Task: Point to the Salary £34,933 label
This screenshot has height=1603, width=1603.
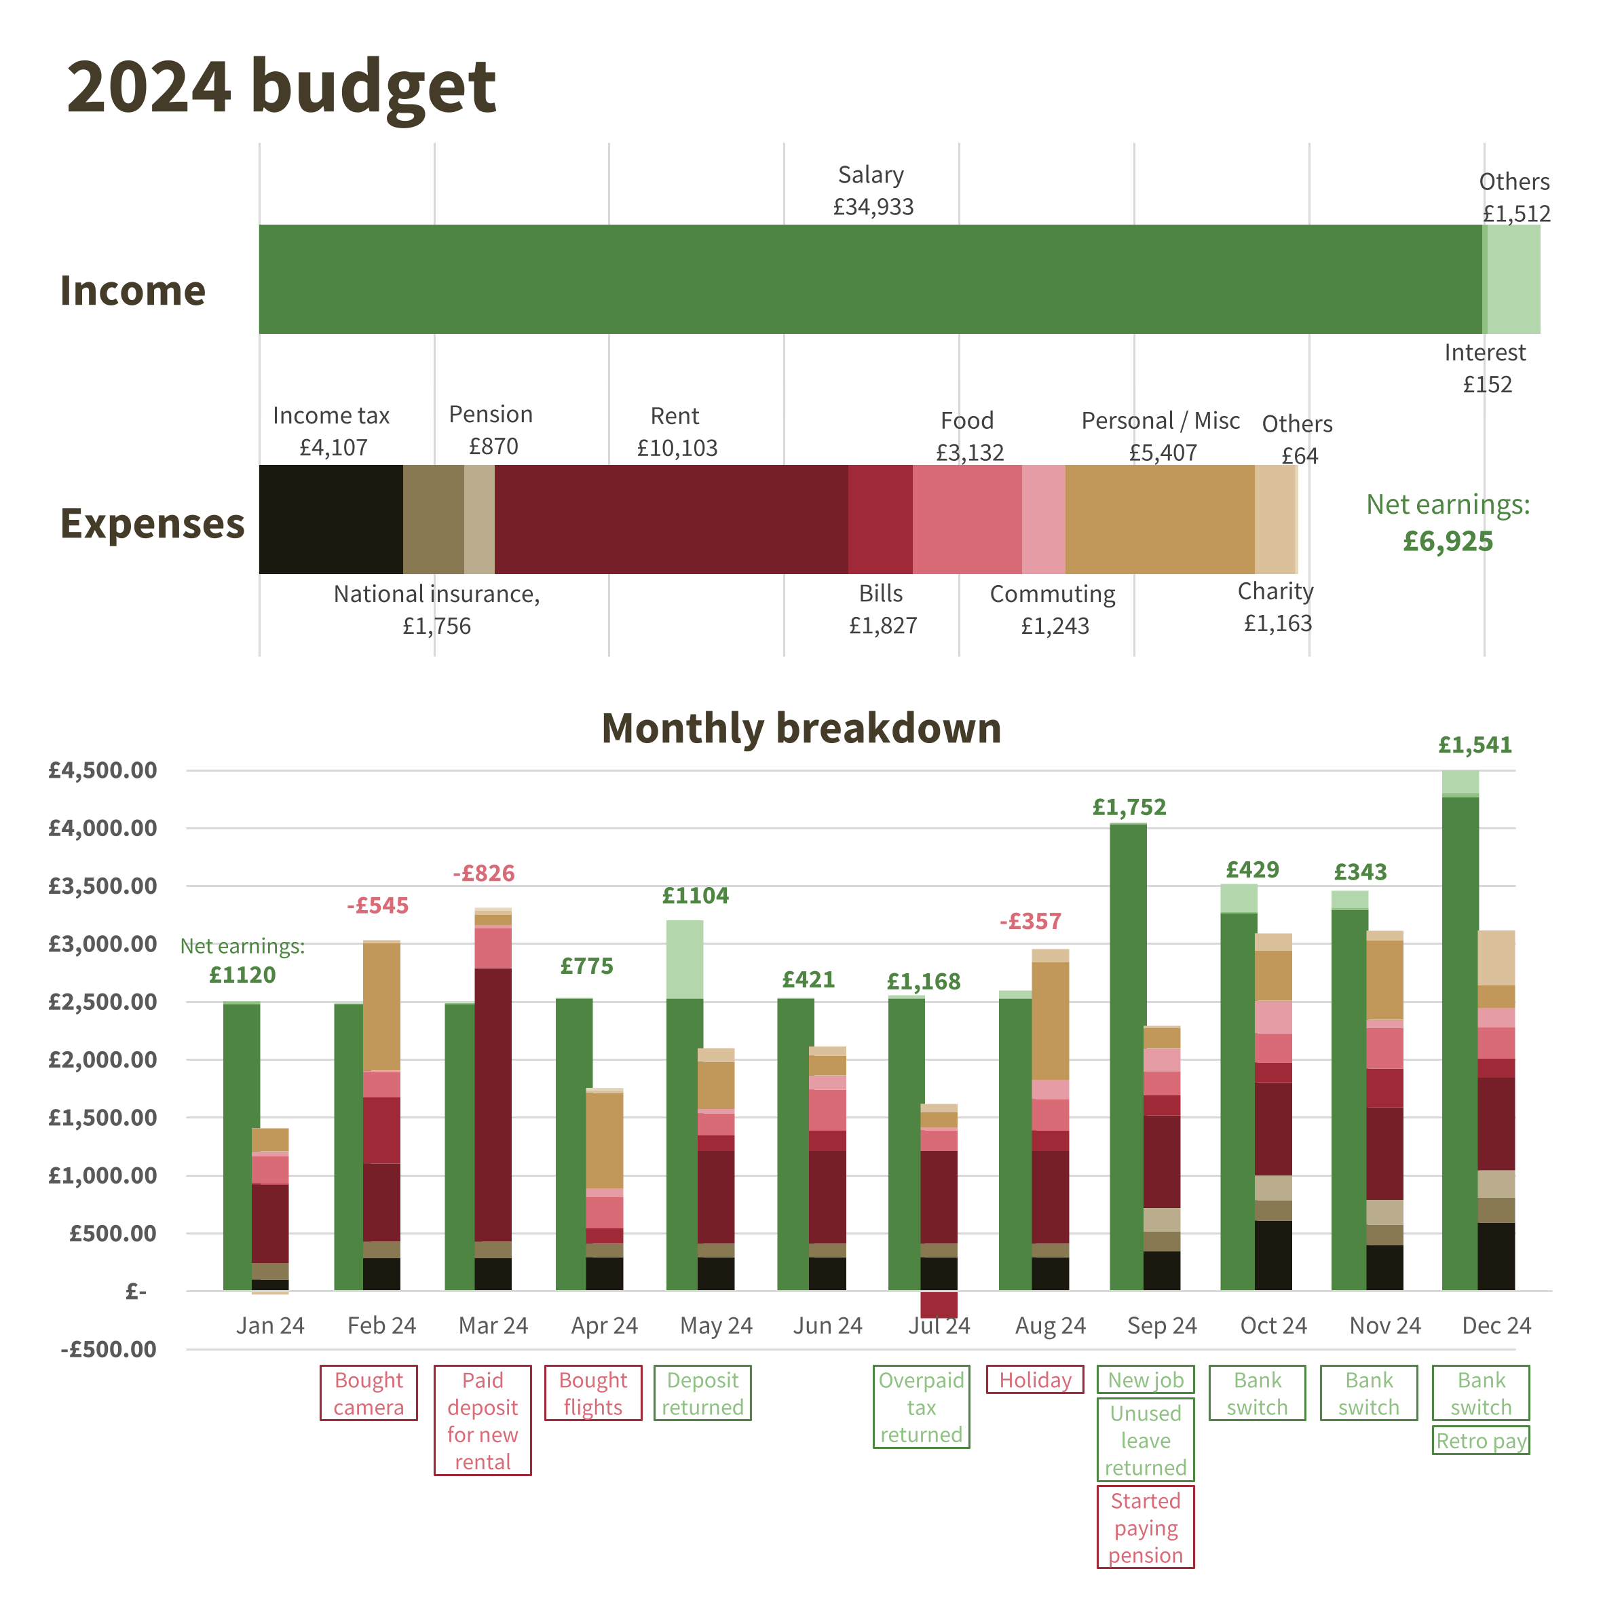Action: [873, 191]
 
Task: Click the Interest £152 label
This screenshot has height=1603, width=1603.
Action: [1485, 369]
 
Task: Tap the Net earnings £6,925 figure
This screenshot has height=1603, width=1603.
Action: [1448, 523]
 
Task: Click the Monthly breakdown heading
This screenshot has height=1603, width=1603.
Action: [801, 728]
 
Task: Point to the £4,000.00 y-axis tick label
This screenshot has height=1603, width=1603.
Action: [103, 828]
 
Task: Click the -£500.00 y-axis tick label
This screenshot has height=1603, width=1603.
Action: [109, 1349]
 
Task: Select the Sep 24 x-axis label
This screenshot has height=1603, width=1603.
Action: [1162, 1326]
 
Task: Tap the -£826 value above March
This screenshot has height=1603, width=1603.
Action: [484, 873]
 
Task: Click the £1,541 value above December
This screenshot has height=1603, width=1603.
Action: [1475, 745]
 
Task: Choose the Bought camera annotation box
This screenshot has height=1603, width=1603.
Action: [369, 1394]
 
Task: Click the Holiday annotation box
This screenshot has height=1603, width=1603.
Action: [1035, 1380]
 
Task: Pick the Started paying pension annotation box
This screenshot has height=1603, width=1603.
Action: [1145, 1528]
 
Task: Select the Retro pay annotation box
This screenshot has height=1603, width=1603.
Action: [1481, 1441]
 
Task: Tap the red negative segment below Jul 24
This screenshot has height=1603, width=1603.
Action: [939, 1304]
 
